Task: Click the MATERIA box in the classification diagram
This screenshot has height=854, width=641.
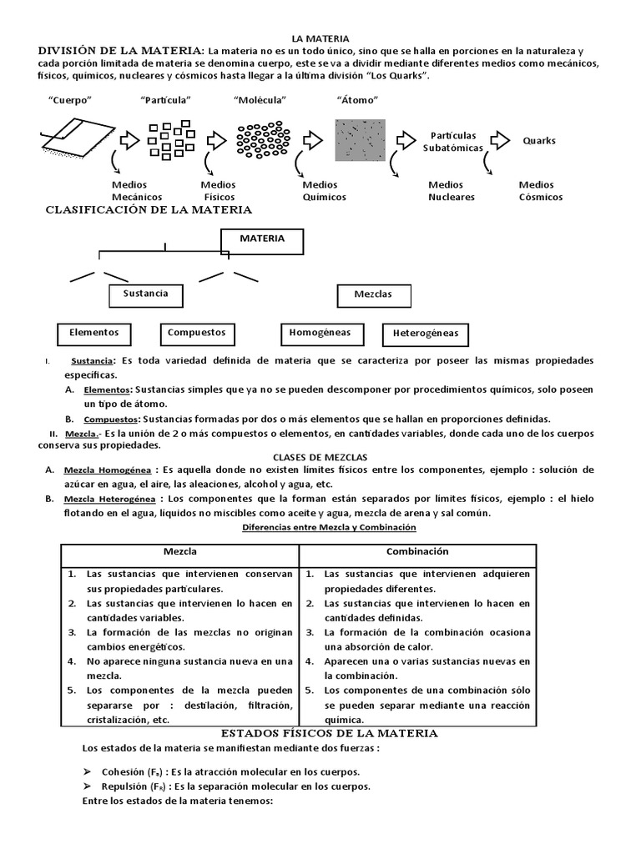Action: tap(262, 240)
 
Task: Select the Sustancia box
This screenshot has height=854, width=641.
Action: tap(145, 294)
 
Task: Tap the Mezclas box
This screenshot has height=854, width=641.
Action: tap(372, 295)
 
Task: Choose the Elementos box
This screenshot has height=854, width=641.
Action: tap(93, 334)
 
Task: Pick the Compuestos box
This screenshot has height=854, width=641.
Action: tap(196, 334)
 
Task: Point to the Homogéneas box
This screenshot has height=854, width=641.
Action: tap(320, 334)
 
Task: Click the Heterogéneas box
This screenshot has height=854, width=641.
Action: tap(425, 334)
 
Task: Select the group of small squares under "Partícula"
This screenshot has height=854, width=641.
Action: tap(171, 139)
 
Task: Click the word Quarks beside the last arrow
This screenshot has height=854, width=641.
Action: tap(539, 141)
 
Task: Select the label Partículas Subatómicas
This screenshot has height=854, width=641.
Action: tap(453, 141)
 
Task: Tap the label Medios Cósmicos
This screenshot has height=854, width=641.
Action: tap(540, 191)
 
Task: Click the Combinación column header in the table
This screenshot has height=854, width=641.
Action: tap(417, 552)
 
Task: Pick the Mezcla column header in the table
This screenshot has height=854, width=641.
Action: tap(180, 552)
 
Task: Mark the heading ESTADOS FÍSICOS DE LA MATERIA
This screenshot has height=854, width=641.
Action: tap(329, 733)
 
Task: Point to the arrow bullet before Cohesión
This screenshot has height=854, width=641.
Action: tap(88, 772)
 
